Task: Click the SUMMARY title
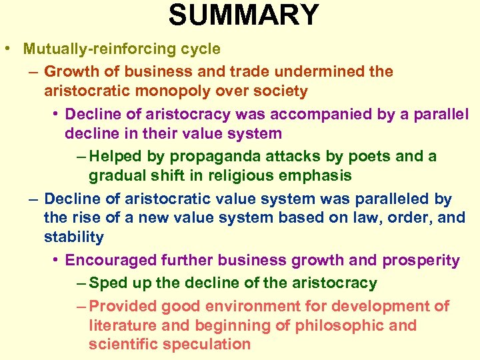(x=243, y=15)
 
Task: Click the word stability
(x=74, y=237)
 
